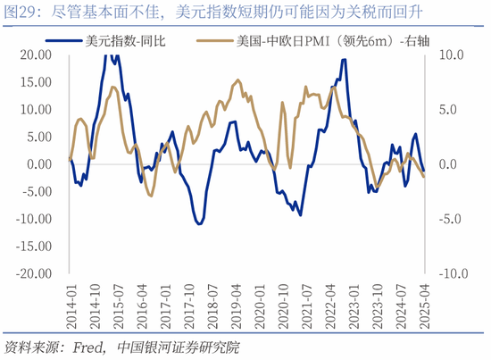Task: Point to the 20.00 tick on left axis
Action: click(37, 55)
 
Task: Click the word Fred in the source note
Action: click(87, 347)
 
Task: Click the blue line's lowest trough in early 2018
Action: click(198, 223)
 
